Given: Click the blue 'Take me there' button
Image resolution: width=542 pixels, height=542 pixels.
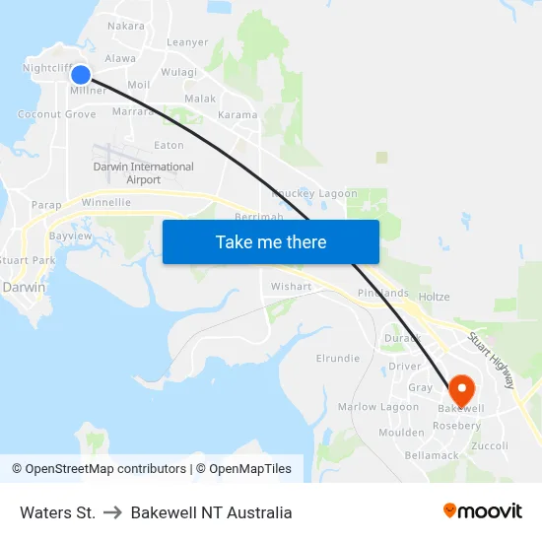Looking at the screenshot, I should point(271,241).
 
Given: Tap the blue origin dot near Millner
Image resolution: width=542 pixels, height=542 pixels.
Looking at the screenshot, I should point(81,75).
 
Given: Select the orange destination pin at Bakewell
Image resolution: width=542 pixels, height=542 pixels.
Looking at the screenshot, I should point(460,388).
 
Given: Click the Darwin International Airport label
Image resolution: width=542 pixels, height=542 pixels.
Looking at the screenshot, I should point(144,173).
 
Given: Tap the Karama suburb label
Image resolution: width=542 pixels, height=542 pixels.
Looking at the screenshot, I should point(237,115).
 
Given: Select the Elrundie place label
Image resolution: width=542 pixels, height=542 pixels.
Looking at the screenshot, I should point(338,359).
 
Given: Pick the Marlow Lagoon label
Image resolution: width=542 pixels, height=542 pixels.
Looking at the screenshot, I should point(378,407).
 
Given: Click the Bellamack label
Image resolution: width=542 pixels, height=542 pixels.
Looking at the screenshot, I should point(432,455).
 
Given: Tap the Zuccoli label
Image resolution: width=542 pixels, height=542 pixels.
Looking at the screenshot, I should point(490,445).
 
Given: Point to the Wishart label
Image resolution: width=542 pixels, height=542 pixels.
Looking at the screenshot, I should point(291,287).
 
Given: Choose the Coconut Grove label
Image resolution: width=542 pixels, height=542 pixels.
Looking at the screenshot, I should point(57,114).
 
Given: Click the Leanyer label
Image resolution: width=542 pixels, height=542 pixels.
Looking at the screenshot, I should point(187,42).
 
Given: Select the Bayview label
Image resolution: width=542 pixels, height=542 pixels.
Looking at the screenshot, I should point(70,237).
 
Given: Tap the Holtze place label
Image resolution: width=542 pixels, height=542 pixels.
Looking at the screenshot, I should point(434,297).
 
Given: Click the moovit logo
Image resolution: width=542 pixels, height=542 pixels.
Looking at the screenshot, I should point(483,511).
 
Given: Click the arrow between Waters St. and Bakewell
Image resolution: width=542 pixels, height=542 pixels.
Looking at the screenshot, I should point(112,512).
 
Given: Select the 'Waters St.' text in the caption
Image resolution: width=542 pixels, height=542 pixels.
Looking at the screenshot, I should point(57,512).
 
